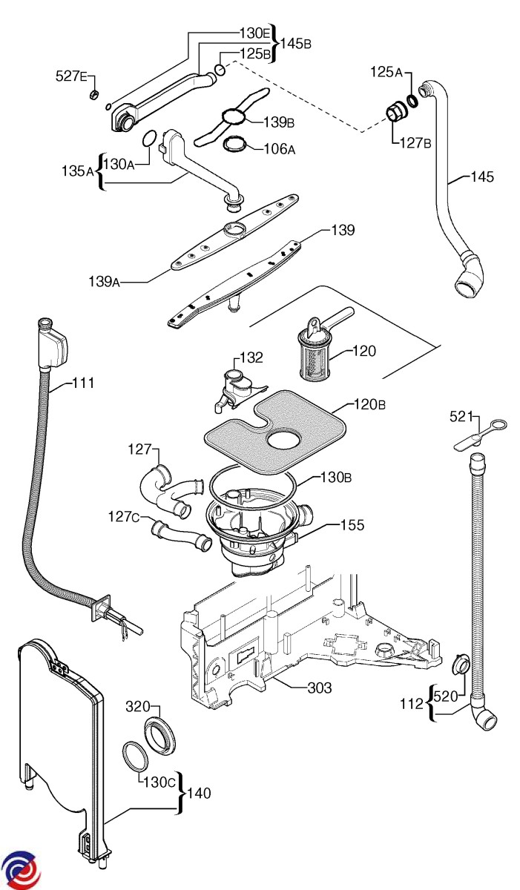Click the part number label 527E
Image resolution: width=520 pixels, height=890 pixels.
pos(72,76)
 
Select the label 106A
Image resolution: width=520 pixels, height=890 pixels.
pos(280,148)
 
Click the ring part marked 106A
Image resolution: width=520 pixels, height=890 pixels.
pos(236,142)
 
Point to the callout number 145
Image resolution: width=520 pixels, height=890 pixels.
pos(481,177)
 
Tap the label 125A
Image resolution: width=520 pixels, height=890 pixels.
pos(386,72)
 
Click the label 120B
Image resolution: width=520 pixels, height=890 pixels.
pos(369,405)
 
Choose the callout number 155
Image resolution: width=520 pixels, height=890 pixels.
pos(352,525)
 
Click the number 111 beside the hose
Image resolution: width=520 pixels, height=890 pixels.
pos(83,383)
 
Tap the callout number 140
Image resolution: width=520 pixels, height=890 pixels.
pos(199,794)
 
